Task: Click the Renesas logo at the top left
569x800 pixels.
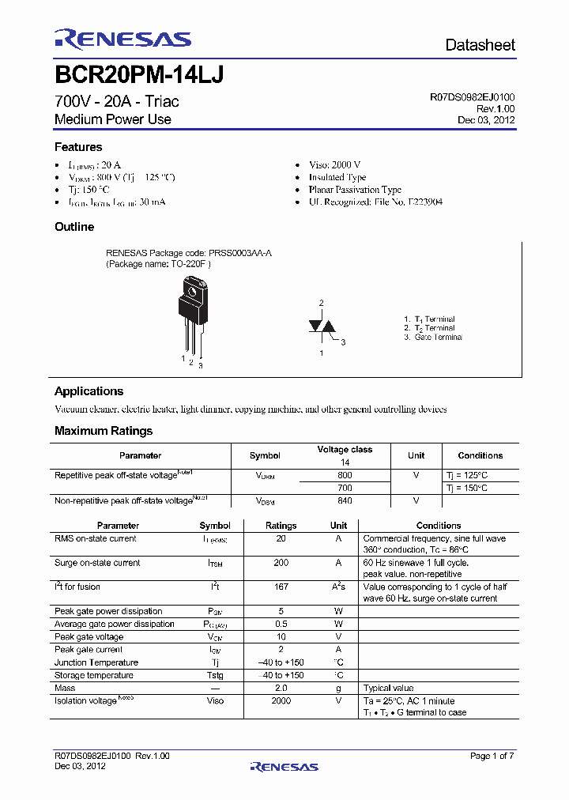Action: pyautogui.click(x=122, y=40)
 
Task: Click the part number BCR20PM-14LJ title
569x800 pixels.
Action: pyautogui.click(x=139, y=74)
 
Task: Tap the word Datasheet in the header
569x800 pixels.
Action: pyautogui.click(x=480, y=45)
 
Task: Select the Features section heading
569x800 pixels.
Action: pyautogui.click(x=78, y=147)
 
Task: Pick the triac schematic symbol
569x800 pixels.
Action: pyautogui.click(x=321, y=327)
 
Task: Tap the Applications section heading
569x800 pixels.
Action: pyautogui.click(x=89, y=391)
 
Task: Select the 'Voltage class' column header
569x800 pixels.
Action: pyautogui.click(x=345, y=450)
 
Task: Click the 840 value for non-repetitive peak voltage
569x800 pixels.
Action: pyautogui.click(x=345, y=501)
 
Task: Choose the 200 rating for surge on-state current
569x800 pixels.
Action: pyautogui.click(x=281, y=563)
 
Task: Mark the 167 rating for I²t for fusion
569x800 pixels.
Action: pyautogui.click(x=281, y=587)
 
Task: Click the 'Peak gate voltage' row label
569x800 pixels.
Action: pyautogui.click(x=89, y=637)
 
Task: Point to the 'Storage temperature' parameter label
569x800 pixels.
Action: pyautogui.click(x=93, y=675)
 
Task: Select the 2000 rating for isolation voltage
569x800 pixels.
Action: pyautogui.click(x=281, y=700)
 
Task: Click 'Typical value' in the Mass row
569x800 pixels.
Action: pyautogui.click(x=388, y=689)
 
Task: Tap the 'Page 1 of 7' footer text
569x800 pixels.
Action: pyautogui.click(x=492, y=757)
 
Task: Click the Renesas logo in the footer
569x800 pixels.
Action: pyautogui.click(x=284, y=766)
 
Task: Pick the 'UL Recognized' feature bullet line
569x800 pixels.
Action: pyautogui.click(x=375, y=202)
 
